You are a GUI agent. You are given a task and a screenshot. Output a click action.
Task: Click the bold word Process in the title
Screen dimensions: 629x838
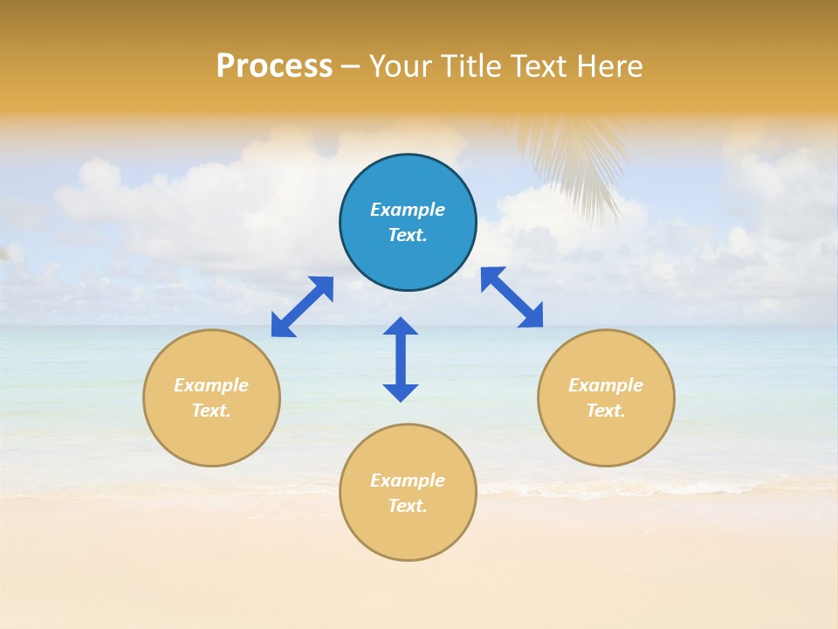tap(274, 66)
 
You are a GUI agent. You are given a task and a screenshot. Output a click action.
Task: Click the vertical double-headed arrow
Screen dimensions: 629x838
tap(401, 359)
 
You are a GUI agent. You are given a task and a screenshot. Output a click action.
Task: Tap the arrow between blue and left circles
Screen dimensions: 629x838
tap(302, 306)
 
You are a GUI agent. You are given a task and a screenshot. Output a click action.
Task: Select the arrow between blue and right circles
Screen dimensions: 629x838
tap(512, 297)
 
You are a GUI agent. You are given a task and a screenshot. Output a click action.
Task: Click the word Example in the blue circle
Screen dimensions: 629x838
tap(408, 210)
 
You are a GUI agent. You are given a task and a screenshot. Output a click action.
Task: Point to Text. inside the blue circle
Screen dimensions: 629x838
tap(408, 235)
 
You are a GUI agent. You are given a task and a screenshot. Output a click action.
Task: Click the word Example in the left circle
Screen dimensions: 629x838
tap(211, 385)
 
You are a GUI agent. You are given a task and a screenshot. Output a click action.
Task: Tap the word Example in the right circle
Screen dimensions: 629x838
tap(606, 385)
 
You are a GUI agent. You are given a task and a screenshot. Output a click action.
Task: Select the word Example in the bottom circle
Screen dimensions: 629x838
tap(408, 480)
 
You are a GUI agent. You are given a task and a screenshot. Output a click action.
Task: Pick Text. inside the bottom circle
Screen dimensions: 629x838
tap(408, 506)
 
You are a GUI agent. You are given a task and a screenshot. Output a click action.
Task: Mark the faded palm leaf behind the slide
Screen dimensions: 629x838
tap(572, 162)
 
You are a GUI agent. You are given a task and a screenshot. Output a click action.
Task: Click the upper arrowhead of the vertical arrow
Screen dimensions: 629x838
tap(401, 328)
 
